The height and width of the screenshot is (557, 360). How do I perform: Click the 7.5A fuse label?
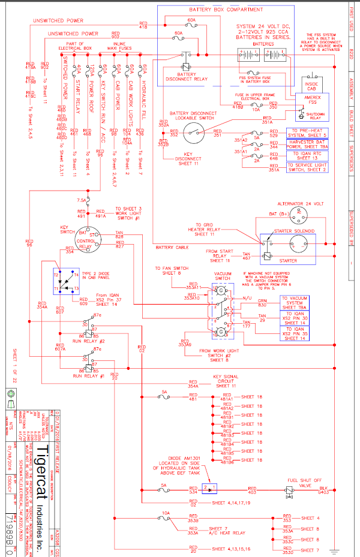tap(82, 200)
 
